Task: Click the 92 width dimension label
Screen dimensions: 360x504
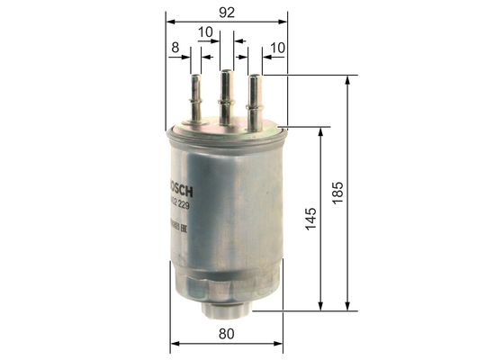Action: (227, 12)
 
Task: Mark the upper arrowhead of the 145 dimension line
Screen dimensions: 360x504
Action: (322, 131)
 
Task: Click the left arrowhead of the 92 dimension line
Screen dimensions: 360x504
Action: (169, 22)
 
